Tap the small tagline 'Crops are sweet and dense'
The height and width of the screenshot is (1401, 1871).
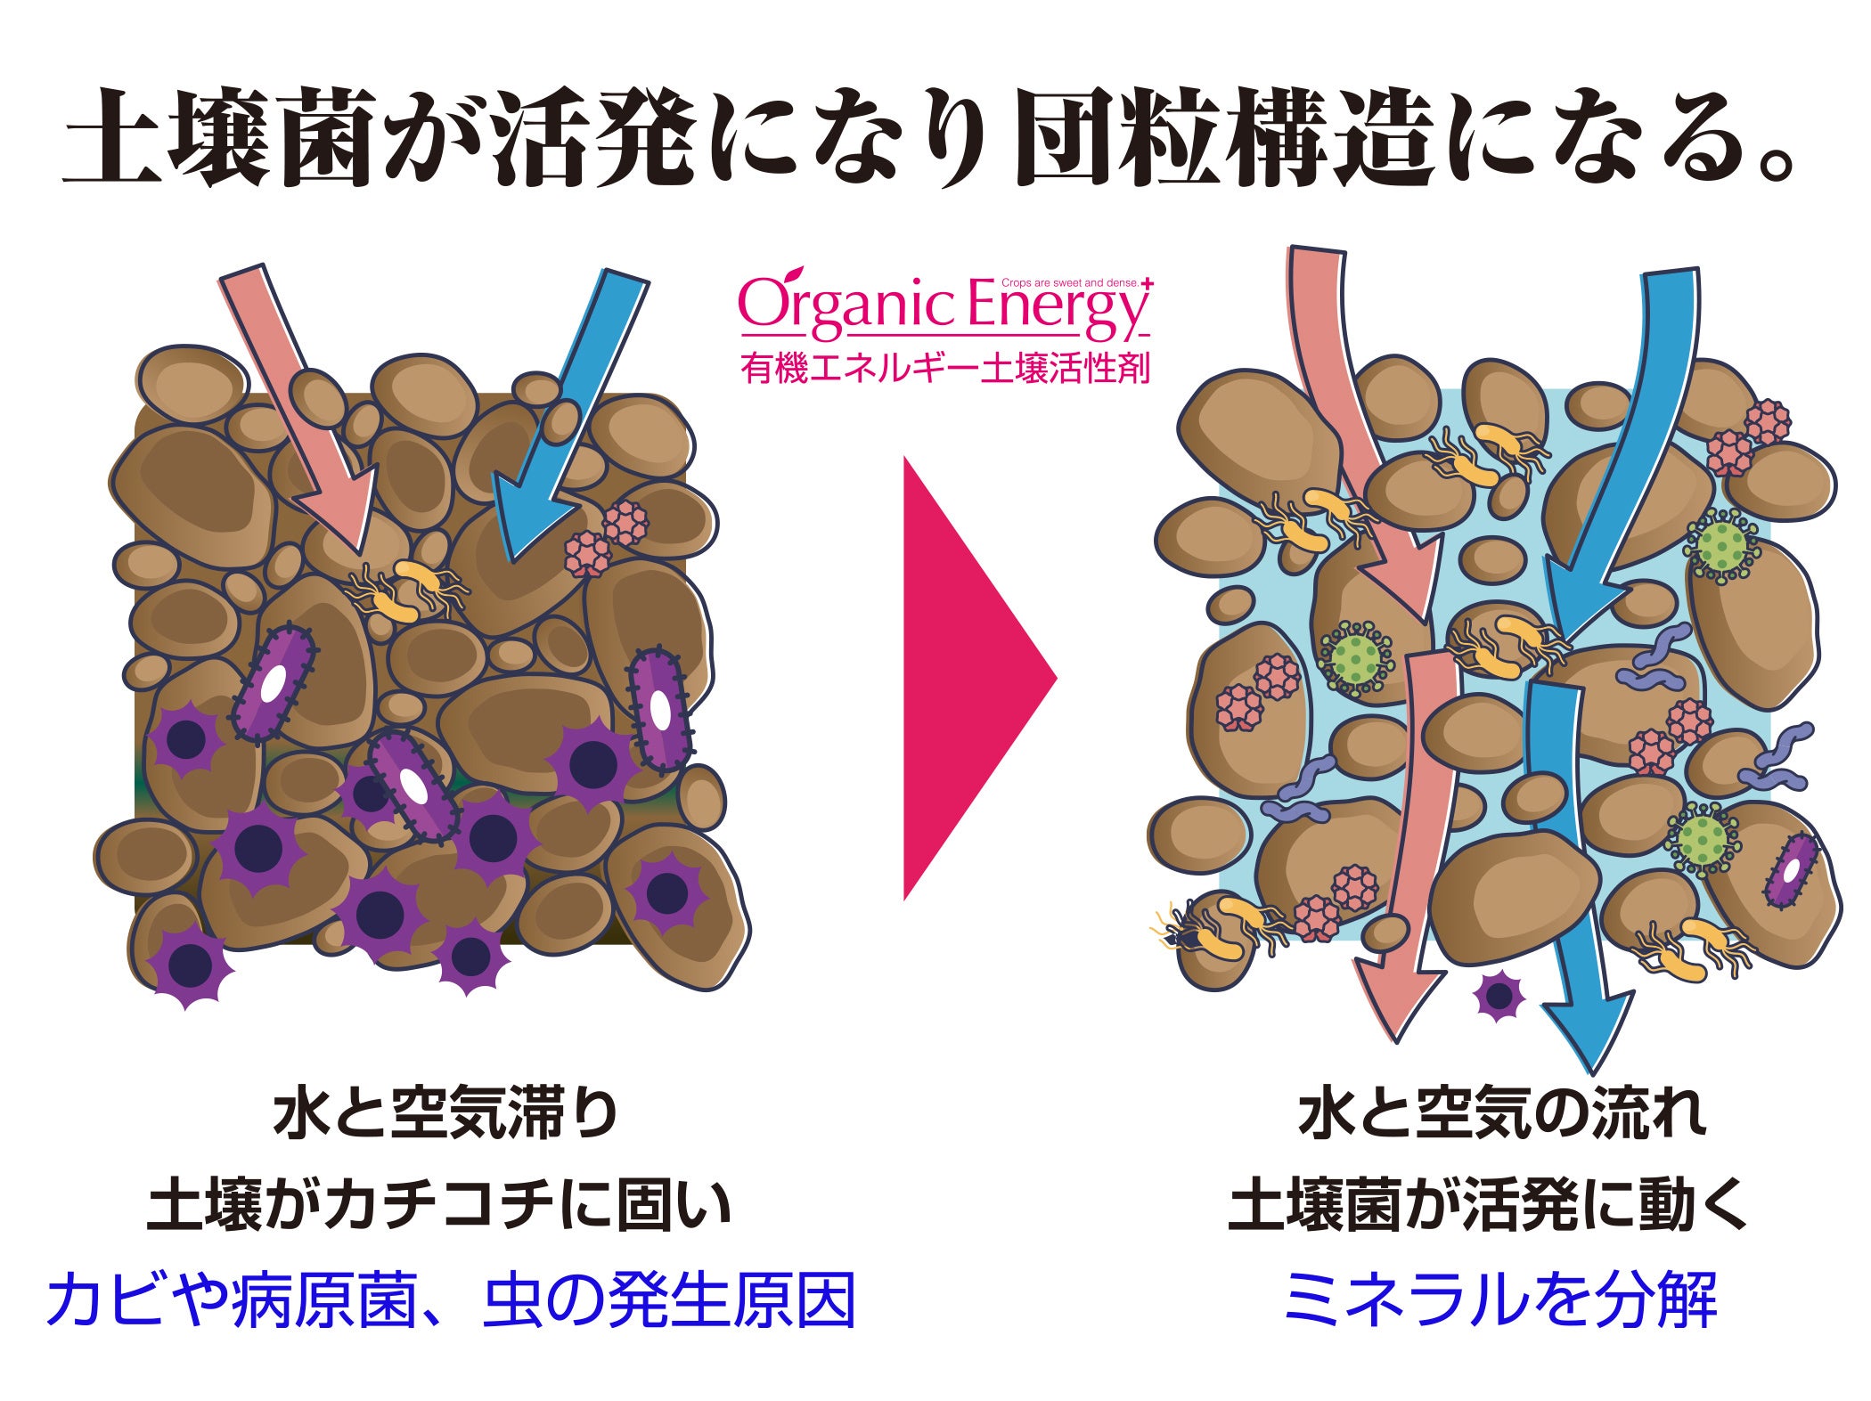tap(1069, 283)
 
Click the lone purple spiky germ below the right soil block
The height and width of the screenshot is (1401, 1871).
tap(1499, 996)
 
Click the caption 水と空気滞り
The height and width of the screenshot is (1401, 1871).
tap(445, 1114)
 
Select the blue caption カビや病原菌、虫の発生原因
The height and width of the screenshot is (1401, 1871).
tap(451, 1300)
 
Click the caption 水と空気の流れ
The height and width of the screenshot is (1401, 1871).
tap(1502, 1114)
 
